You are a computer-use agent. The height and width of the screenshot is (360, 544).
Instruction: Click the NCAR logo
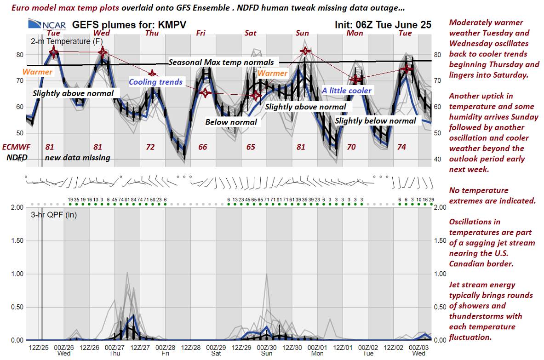pos(47,24)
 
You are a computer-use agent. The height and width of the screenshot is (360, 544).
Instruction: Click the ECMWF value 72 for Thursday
pos(150,147)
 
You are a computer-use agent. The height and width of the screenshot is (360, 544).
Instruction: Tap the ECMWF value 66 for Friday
pos(202,147)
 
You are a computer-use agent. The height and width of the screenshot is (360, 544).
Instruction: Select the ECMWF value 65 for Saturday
pos(251,147)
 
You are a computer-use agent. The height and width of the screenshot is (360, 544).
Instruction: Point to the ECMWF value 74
pos(401,147)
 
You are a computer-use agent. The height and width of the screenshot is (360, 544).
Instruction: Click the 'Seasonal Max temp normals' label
pos(221,62)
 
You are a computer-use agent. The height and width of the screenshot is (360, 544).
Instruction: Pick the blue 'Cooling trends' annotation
pos(155,82)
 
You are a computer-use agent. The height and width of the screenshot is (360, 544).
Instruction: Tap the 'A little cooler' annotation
pos(346,91)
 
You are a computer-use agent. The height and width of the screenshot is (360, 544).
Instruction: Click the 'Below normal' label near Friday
pos(231,122)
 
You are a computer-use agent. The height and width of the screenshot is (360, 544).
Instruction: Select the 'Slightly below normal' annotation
pos(375,121)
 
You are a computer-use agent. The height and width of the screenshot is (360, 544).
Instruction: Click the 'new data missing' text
pos(77,158)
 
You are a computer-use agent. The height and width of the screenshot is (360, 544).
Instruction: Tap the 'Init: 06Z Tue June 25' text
pos(384,25)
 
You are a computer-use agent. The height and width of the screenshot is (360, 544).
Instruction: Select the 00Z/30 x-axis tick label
pos(266,347)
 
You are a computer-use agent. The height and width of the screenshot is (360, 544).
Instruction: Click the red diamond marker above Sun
pos(305,51)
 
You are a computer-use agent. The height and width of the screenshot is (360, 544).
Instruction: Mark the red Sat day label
pos(251,33)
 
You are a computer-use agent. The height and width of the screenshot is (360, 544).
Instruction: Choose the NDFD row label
pos(17,157)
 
